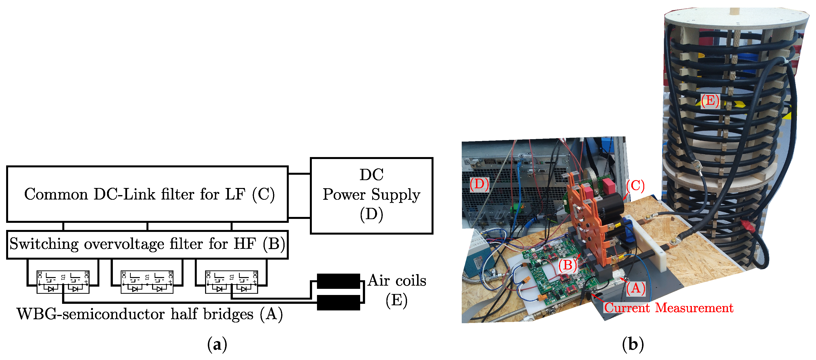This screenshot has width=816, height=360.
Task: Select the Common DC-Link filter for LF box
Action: pos(147,194)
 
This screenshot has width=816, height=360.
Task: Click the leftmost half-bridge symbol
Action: pos(63,282)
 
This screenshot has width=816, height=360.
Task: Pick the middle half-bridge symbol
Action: pos(147,282)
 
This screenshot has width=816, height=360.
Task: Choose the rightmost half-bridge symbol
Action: pos(232,282)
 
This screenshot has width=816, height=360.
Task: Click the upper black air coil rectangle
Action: pos(338,281)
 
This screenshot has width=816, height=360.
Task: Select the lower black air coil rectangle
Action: pos(338,302)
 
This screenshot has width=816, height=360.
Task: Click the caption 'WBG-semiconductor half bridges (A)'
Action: pos(149,314)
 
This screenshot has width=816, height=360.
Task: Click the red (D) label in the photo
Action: pos(479,184)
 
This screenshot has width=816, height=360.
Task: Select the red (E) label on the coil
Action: pos(710,101)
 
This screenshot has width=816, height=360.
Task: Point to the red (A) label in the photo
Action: pos(635,288)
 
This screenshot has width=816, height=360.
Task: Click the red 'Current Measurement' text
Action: pos(668,308)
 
